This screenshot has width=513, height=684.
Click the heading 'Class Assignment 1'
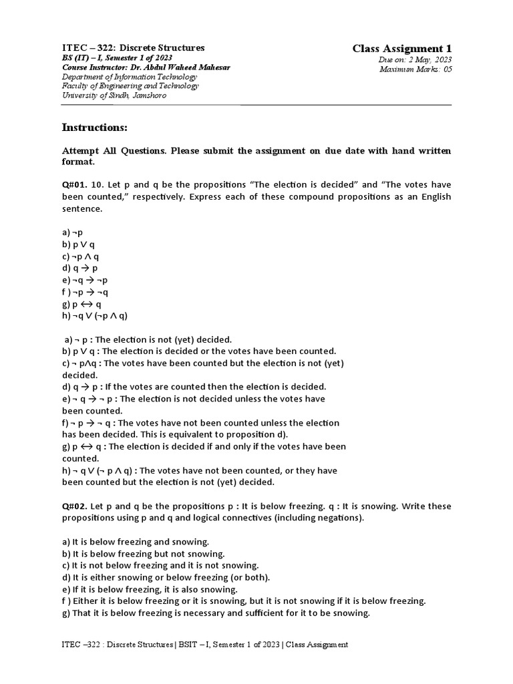(x=402, y=49)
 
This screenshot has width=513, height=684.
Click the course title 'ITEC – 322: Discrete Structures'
(x=133, y=48)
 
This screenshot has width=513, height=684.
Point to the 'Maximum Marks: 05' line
(x=415, y=69)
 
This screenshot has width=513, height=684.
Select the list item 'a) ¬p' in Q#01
(x=73, y=232)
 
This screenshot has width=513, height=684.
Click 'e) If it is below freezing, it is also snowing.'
(x=149, y=589)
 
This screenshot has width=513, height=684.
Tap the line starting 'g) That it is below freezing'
(x=216, y=613)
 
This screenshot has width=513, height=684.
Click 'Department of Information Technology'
(x=129, y=77)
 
